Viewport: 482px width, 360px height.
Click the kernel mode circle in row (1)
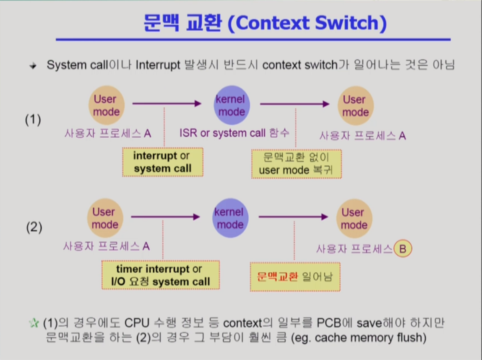tap(232, 105)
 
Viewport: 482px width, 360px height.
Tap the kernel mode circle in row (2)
tap(230, 218)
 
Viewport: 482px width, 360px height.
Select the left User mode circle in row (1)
tap(107, 105)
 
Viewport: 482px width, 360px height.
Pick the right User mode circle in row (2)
tap(354, 218)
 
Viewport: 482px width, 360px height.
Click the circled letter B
tap(403, 248)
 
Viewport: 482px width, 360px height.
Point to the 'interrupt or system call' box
tap(163, 162)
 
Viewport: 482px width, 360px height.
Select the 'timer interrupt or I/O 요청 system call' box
tap(161, 275)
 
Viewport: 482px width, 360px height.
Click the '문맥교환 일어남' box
tap(295, 277)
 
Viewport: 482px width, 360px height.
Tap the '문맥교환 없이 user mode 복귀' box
tap(296, 164)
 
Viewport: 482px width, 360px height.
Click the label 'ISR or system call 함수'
tap(234, 133)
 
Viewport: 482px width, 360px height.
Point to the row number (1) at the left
tap(33, 119)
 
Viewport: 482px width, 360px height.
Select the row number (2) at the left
tap(34, 227)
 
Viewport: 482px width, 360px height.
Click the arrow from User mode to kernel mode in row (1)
tap(167, 104)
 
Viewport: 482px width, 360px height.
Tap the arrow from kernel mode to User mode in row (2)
tap(293, 217)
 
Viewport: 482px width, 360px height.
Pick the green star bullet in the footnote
tap(34, 323)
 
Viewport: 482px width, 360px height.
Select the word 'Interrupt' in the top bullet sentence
tap(158, 65)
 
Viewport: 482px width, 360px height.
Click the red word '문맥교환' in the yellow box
tap(277, 277)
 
